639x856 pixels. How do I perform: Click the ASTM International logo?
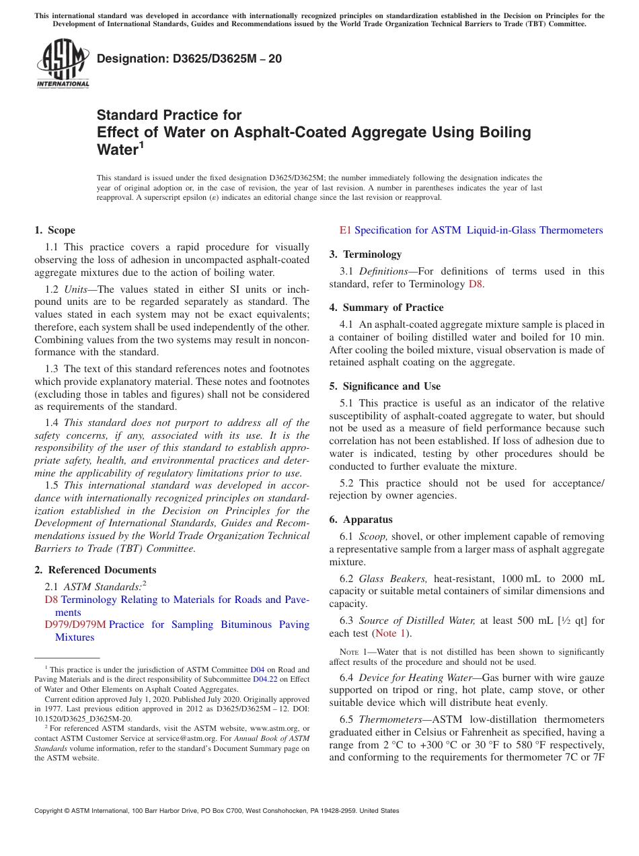click(x=63, y=65)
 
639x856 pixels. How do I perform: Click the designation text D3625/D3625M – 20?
click(x=189, y=59)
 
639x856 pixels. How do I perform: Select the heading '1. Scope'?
click(x=55, y=230)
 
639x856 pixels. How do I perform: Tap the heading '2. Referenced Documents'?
click(x=96, y=570)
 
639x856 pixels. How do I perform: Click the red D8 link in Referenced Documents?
click(x=51, y=600)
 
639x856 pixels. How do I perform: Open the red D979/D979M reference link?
click(x=75, y=625)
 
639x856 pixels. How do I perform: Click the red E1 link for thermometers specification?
click(x=345, y=230)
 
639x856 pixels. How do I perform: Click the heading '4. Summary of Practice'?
click(x=386, y=308)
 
